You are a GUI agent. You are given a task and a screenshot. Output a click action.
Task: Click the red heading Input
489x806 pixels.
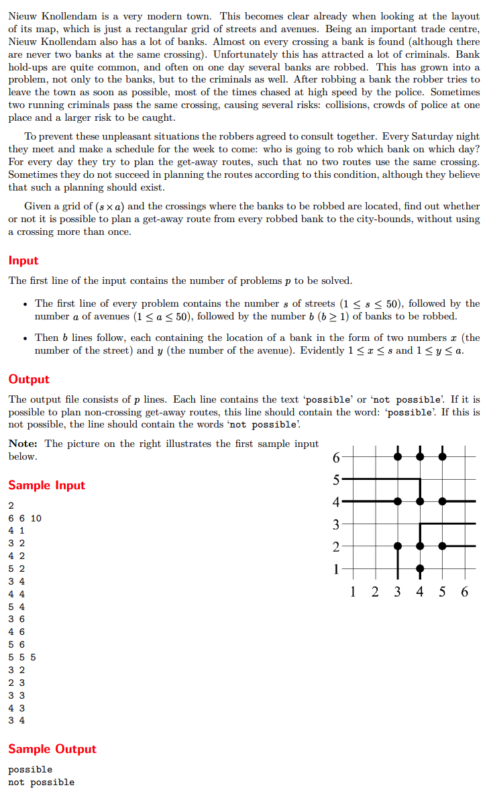(23, 261)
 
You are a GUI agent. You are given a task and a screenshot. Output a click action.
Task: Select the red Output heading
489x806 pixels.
(29, 379)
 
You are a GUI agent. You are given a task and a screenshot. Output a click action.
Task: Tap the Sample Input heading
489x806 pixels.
(47, 485)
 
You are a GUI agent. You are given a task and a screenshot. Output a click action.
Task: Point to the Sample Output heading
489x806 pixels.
(52, 749)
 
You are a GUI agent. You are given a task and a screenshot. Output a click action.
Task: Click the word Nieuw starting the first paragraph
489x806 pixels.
(23, 16)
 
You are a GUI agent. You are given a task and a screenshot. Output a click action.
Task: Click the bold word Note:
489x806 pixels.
(23, 444)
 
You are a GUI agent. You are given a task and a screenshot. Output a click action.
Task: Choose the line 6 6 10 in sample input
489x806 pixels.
(25, 518)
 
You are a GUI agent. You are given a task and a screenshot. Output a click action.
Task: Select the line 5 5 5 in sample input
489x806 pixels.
(22, 657)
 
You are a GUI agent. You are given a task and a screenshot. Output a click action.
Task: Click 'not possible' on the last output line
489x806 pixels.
(42, 782)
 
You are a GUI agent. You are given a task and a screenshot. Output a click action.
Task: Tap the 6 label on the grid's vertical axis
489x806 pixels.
(337, 458)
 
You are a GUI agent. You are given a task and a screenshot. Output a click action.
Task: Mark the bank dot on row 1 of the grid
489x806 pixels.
(420, 569)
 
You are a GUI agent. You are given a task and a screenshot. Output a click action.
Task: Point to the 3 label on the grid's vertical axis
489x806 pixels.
(337, 524)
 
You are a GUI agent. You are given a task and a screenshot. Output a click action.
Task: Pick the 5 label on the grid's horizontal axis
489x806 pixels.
(442, 591)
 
